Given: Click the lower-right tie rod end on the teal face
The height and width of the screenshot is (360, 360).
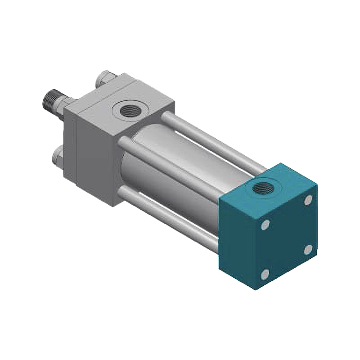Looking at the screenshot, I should (309, 249).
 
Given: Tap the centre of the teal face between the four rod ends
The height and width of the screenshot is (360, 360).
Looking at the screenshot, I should (287, 236).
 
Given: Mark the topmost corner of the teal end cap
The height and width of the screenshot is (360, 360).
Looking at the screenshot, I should (282, 163).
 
